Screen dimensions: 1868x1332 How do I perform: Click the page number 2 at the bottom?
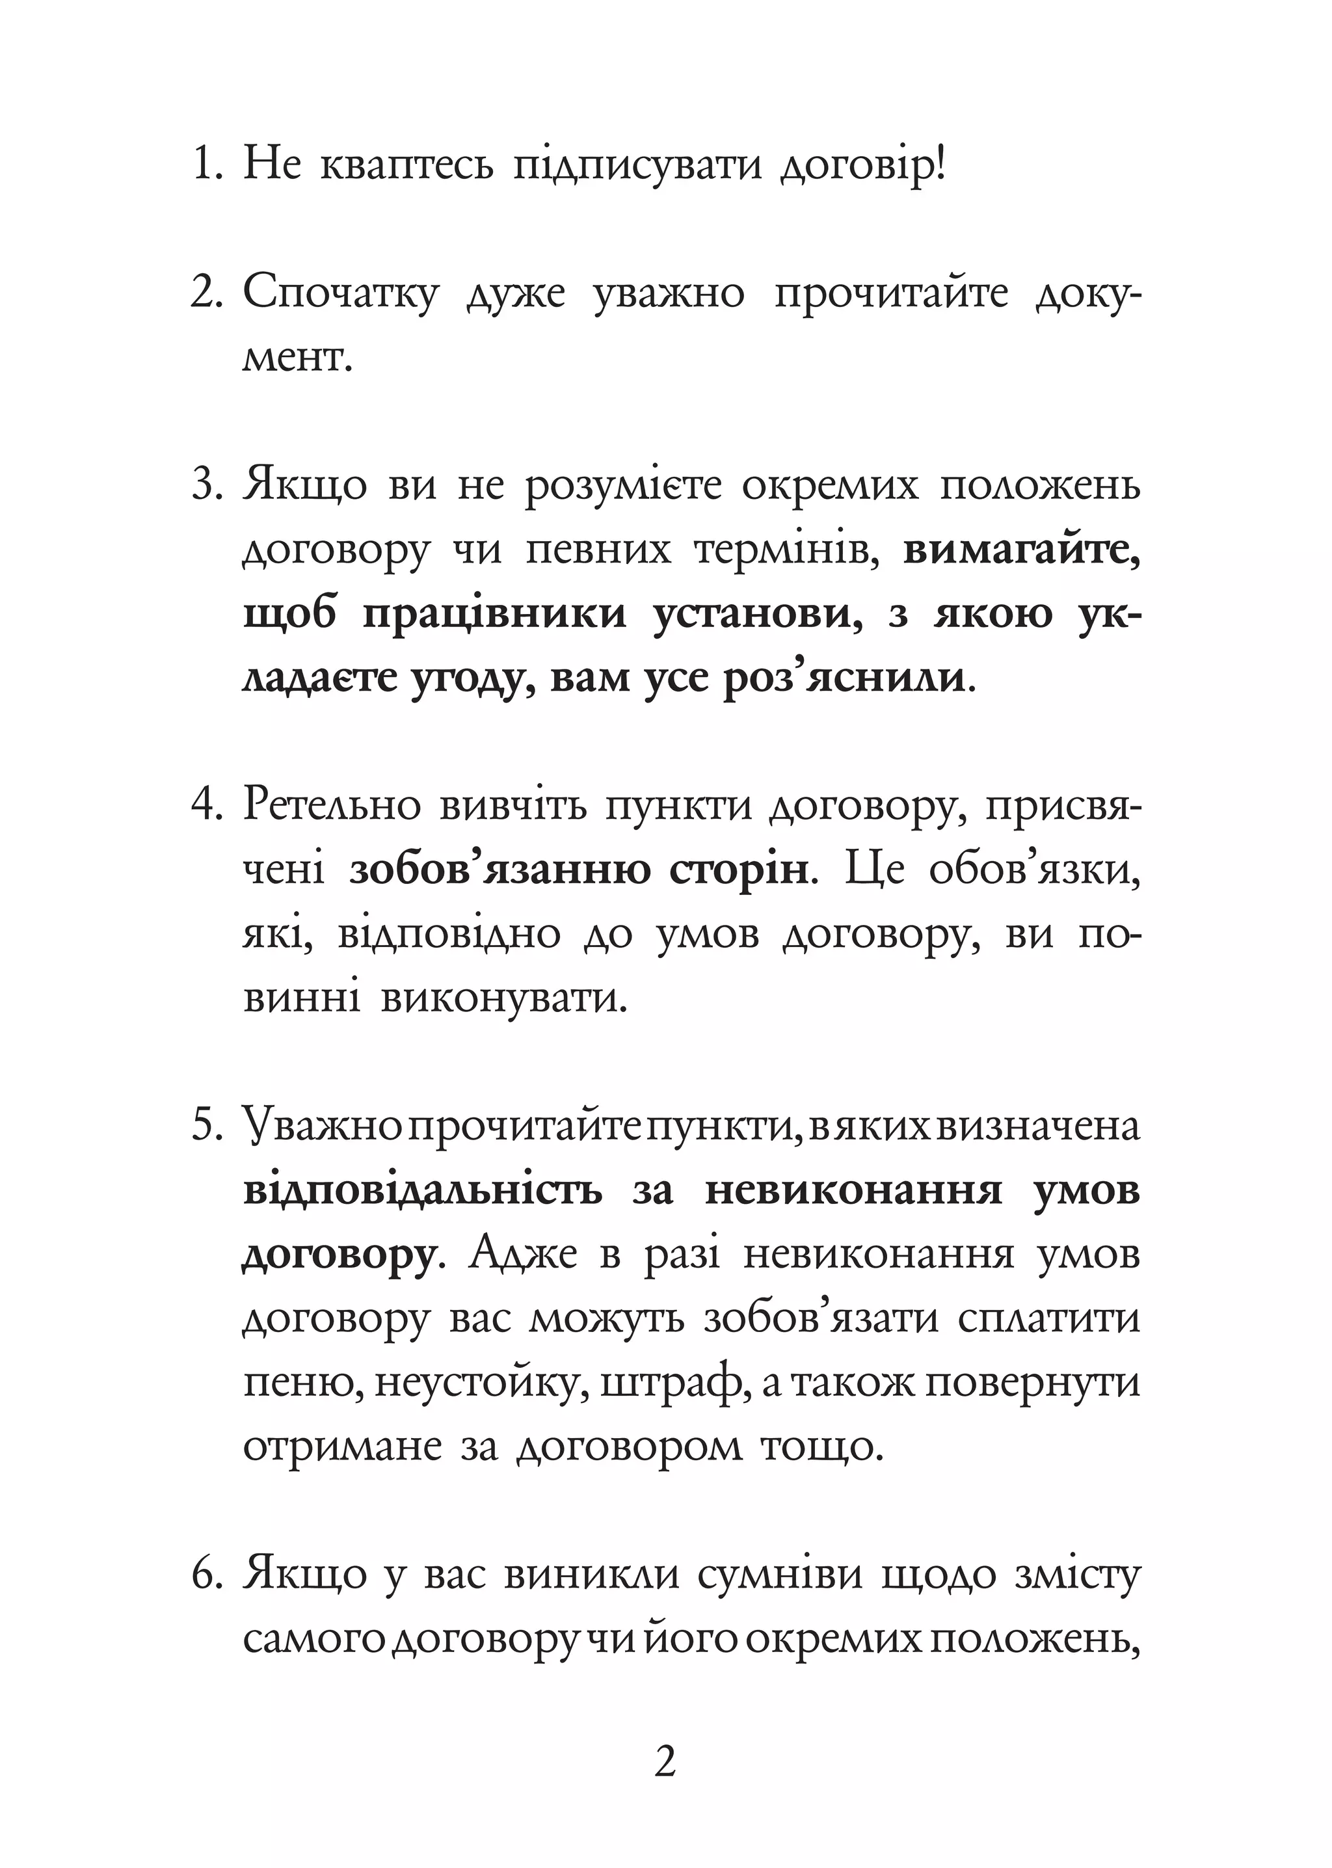(665, 1760)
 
